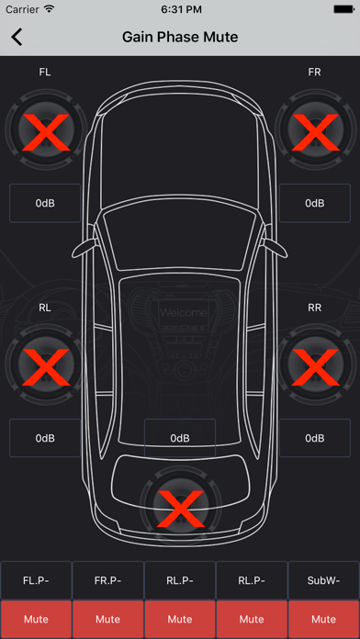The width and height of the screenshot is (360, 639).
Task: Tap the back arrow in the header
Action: tap(17, 37)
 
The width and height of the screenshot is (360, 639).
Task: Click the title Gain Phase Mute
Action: tap(180, 37)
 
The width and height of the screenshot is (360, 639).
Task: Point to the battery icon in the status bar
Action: tap(343, 9)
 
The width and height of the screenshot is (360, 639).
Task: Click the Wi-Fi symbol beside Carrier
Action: tap(50, 9)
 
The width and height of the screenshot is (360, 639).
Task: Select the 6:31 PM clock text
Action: tap(180, 9)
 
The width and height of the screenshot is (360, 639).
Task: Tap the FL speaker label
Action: tap(45, 73)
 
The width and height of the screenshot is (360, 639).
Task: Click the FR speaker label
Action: tap(314, 73)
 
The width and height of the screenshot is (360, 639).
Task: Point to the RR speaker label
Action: tap(314, 308)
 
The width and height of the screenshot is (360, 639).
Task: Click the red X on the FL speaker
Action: tap(45, 131)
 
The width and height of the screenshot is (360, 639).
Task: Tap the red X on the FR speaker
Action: tap(315, 131)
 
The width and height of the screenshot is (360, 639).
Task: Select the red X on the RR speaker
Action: tap(315, 366)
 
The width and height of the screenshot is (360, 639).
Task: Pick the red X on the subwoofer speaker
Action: tap(180, 509)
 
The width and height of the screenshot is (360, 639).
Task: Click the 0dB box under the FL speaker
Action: tap(45, 203)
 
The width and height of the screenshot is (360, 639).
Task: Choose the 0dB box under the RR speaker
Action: tap(315, 438)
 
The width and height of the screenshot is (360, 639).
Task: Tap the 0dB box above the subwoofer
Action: tap(180, 438)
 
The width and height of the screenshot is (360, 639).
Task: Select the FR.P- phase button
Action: tap(108, 580)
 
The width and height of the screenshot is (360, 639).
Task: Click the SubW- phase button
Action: tap(323, 580)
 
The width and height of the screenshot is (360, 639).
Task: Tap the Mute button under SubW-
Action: tap(323, 620)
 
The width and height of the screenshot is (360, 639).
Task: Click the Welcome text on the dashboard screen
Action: tap(184, 313)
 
